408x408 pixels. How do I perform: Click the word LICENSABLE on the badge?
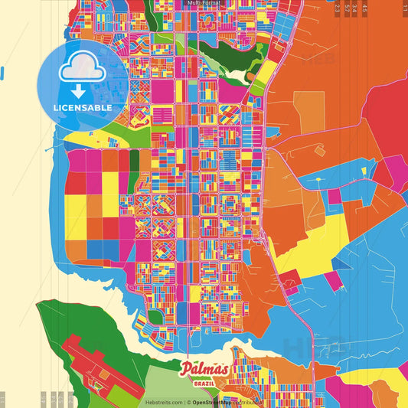pos(83,108)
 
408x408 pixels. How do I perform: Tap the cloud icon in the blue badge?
pos(83,70)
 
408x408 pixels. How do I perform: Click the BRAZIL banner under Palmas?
pos(204,383)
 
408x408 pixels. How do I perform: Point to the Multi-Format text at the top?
pos(204,4)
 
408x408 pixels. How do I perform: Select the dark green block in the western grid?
pos(135,160)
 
